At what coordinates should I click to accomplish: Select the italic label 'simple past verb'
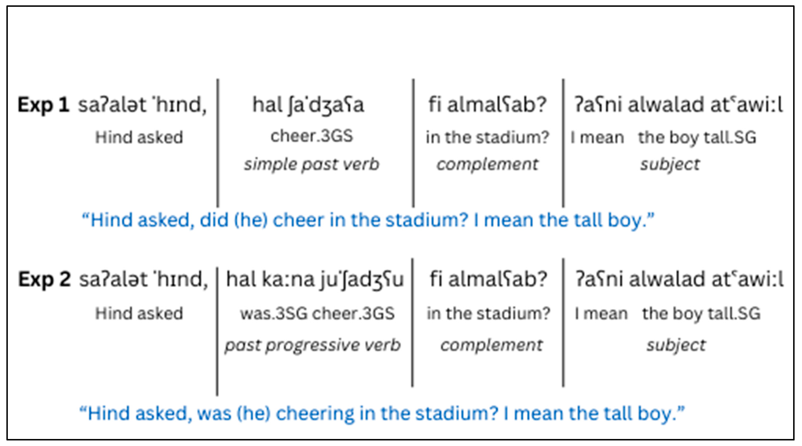[311, 164]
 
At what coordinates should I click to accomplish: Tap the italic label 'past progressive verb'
[313, 345]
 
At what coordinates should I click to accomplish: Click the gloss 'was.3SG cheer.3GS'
[317, 313]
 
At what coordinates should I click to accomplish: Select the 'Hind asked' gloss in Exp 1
[139, 137]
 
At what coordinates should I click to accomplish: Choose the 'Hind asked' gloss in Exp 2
[139, 313]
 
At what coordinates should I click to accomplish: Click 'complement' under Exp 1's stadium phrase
[487, 164]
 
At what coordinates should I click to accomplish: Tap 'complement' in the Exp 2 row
[491, 345]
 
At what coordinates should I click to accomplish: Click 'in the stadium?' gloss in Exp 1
[487, 137]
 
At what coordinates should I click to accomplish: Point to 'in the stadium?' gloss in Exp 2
[488, 313]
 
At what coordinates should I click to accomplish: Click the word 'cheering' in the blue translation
[314, 414]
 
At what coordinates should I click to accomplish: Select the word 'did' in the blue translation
[214, 220]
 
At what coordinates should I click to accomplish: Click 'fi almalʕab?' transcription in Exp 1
[487, 105]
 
